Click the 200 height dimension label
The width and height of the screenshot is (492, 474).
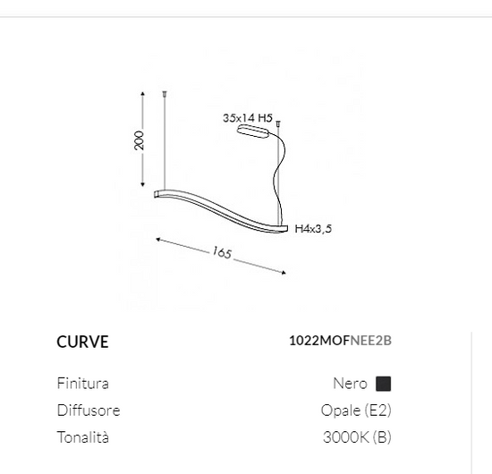tap(139, 140)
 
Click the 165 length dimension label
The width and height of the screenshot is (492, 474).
tap(222, 252)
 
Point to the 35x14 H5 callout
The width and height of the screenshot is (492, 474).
tap(248, 118)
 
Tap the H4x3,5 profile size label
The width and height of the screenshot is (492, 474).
tap(313, 228)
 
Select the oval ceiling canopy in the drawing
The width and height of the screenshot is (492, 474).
tap(253, 131)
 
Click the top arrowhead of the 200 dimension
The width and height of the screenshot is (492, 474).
tap(143, 94)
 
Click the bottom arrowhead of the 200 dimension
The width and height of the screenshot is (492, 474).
tap(143, 185)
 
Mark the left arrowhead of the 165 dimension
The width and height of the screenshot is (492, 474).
tap(158, 240)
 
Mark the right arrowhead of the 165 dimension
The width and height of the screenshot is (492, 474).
tap(284, 273)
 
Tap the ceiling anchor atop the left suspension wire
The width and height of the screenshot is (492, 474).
tap(165, 93)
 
